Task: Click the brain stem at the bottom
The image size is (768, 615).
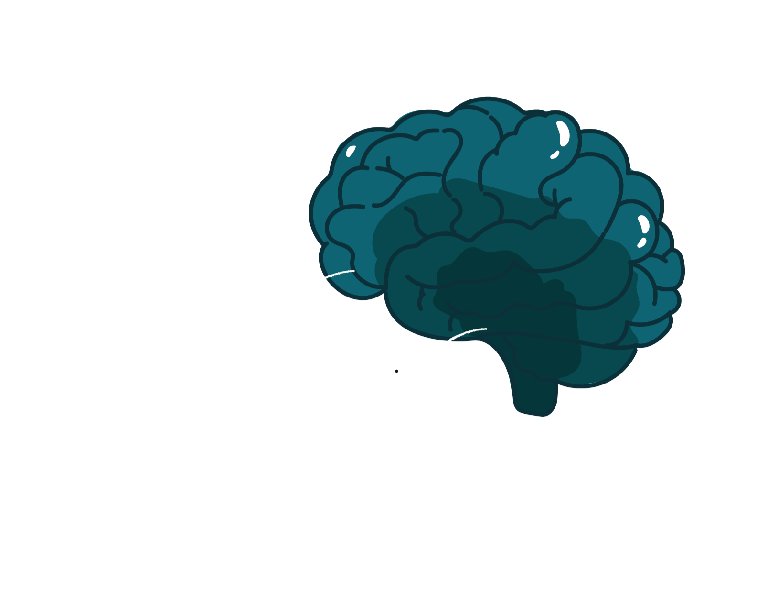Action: [535, 392]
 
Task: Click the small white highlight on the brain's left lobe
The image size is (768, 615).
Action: [351, 151]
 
